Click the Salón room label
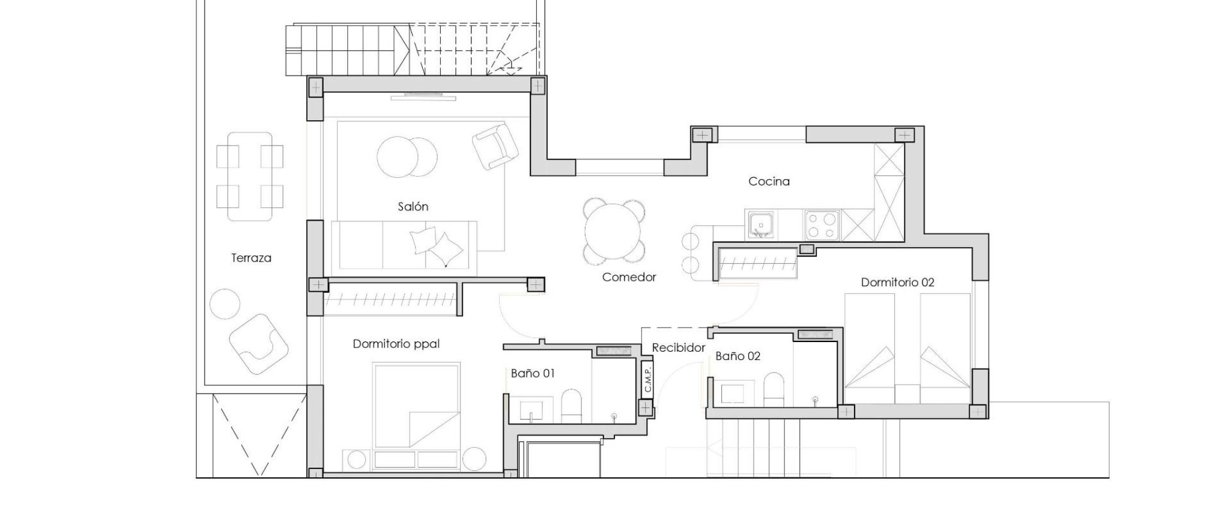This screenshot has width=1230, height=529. [413, 207]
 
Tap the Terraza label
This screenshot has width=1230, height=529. [251, 258]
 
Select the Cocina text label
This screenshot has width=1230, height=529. [769, 181]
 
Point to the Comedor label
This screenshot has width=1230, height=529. [629, 277]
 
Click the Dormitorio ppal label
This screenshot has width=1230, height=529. [396, 344]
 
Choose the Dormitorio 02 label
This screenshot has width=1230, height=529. [897, 282]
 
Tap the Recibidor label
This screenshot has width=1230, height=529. [678, 347]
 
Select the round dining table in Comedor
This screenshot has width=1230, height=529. [613, 231]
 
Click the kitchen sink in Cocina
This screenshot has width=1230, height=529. [761, 225]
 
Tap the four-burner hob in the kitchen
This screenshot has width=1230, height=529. [822, 225]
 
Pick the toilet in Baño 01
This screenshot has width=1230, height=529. [571, 406]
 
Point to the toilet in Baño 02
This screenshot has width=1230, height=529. [774, 389]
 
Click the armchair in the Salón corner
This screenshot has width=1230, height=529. [495, 146]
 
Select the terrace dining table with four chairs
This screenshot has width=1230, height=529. [250, 177]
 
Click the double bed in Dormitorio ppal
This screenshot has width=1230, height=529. [416, 406]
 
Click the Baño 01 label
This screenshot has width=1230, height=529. [532, 373]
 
